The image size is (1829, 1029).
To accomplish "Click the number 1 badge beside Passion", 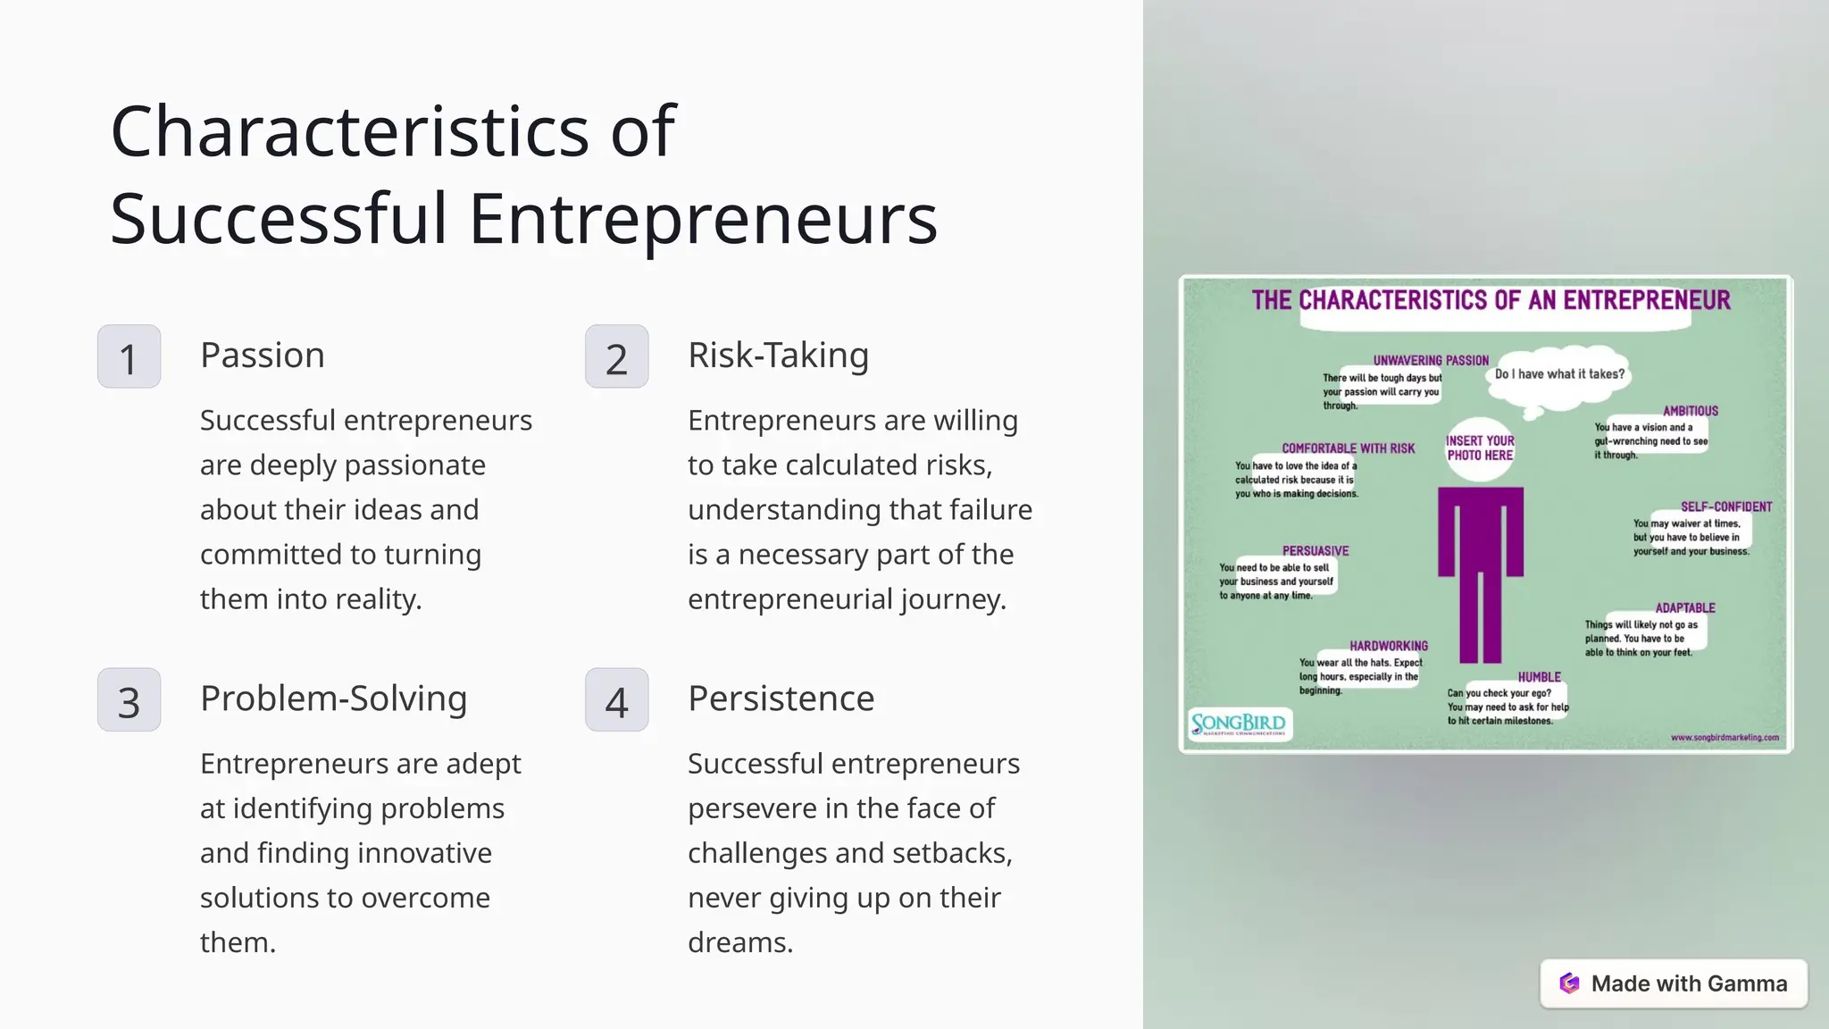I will coord(129,356).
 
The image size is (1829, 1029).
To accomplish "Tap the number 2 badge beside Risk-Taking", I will coord(616,356).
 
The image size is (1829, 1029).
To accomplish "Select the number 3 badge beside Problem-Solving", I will coord(129,700).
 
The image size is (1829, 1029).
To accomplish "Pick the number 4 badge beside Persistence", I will coord(616,700).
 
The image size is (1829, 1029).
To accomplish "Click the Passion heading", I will coord(263,356).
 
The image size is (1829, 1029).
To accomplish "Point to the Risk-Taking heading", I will coord(778,356).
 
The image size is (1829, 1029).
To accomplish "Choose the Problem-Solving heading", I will coord(333,699).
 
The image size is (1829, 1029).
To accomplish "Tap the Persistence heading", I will coord(781,699).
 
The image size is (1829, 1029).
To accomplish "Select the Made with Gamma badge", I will coord(1673,983).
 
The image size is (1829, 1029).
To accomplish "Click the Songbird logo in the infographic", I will coord(1240,724).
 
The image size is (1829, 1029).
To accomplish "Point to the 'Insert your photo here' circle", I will coord(1480,448).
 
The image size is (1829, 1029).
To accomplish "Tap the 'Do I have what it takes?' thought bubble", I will coord(1559,374).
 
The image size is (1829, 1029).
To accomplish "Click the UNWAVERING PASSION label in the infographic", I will coord(1431,361).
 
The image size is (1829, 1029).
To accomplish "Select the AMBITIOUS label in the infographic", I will coord(1690,411).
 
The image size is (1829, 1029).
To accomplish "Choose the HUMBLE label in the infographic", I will coord(1539,677).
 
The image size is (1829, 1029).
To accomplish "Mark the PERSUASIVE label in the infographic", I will coord(1315,551).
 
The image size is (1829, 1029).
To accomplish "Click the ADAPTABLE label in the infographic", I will coord(1684,608).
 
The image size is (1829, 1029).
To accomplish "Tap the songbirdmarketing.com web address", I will coord(1724,738).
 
